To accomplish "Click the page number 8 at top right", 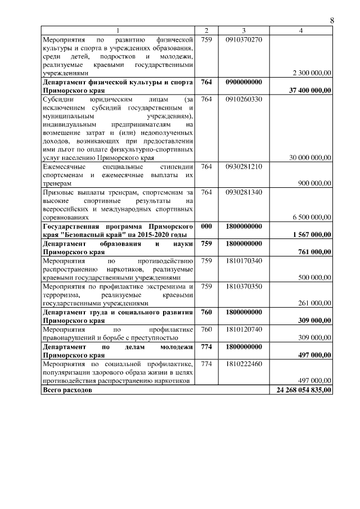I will coord(331,20).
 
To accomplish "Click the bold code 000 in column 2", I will coord(206,226).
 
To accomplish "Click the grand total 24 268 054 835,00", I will coord(304,390).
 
